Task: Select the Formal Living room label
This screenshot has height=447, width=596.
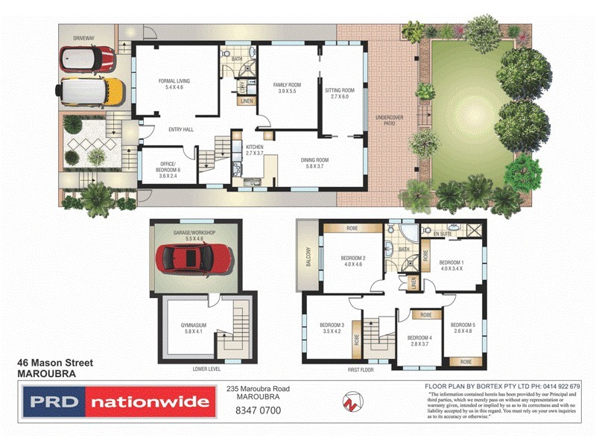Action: coord(168,84)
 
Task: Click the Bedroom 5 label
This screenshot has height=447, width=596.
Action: coord(463,329)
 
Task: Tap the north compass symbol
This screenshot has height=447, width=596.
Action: coord(350,402)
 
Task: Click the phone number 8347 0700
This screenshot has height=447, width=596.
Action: coord(257,410)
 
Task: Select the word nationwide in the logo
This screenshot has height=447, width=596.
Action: coord(149,402)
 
